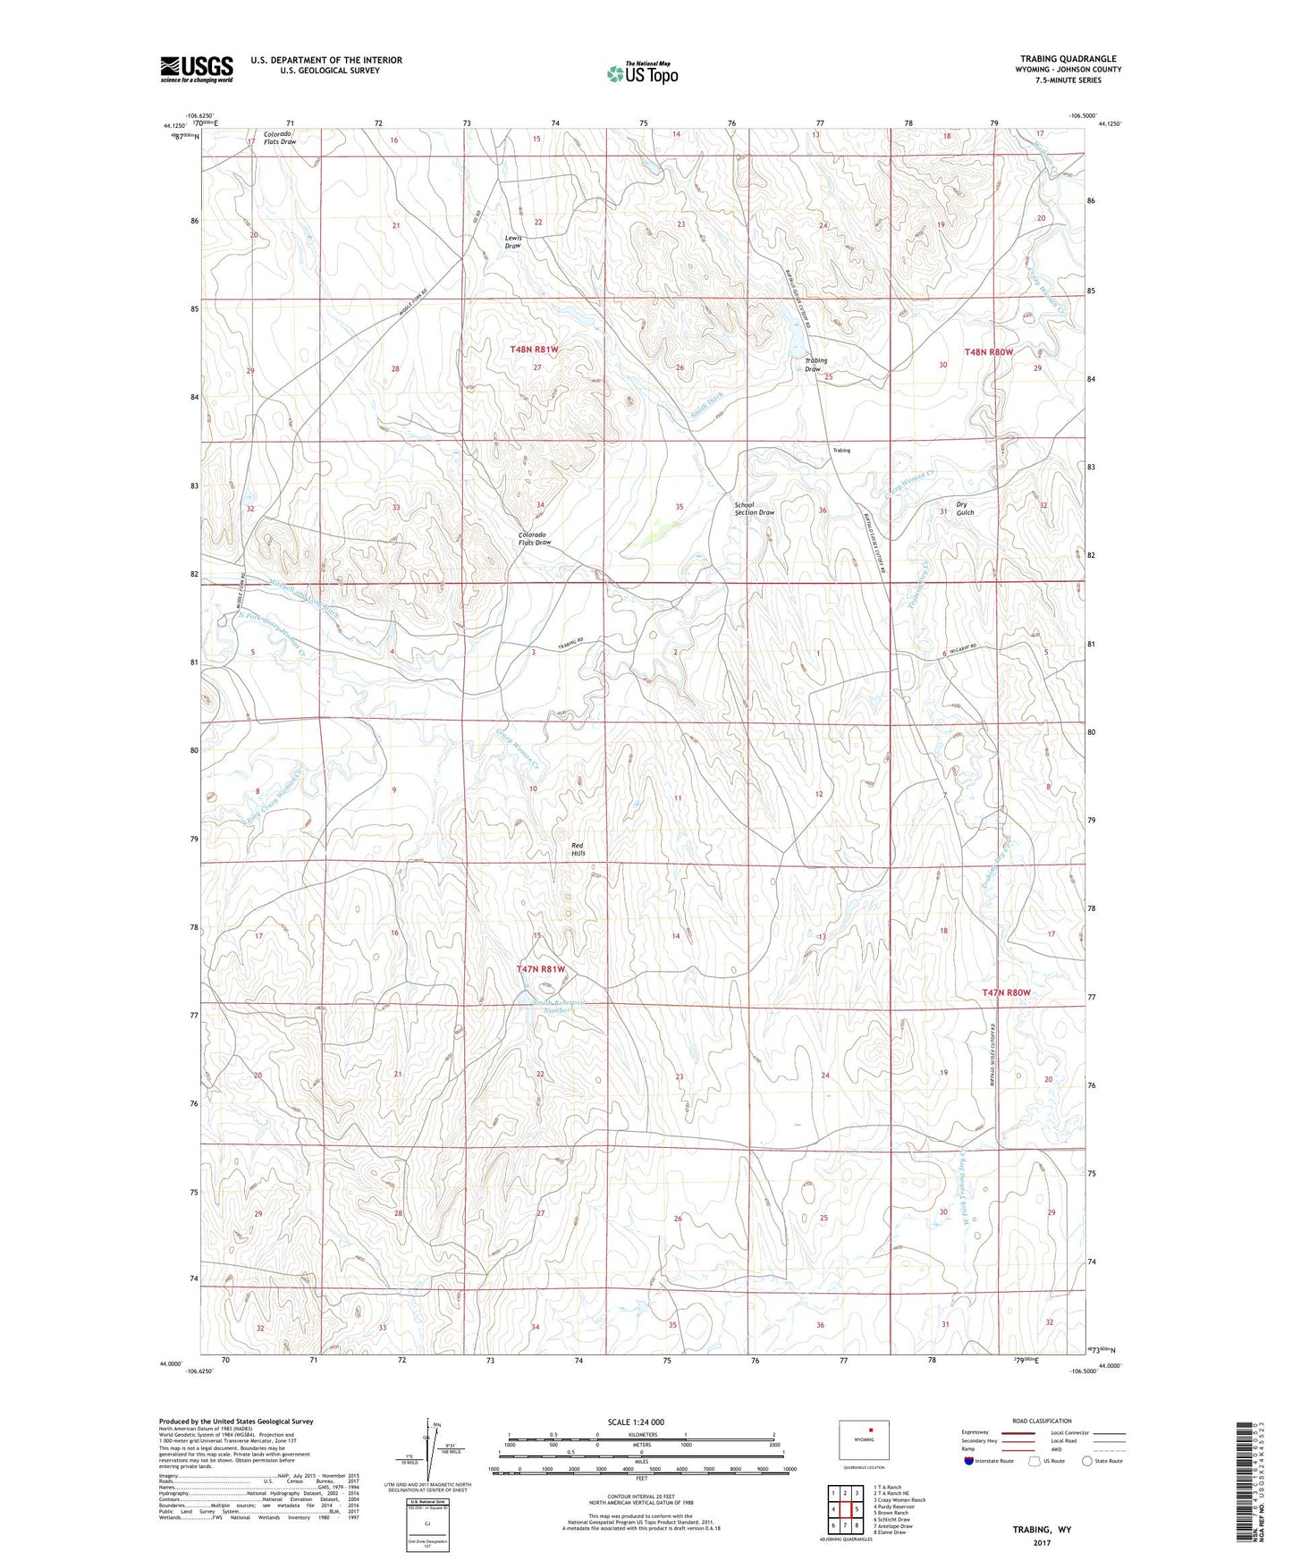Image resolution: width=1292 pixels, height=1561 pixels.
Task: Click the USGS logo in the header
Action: click(x=196, y=69)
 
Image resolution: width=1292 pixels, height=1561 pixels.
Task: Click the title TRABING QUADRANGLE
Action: click(x=1068, y=59)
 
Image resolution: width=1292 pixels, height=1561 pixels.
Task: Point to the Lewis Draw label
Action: click(x=513, y=241)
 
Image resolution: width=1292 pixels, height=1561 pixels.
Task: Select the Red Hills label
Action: click(x=578, y=848)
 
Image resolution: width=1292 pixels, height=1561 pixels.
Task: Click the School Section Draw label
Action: click(x=754, y=509)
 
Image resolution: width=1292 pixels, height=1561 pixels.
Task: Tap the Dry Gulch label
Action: click(x=964, y=508)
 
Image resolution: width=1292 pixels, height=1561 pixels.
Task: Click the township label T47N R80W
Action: click(x=1006, y=992)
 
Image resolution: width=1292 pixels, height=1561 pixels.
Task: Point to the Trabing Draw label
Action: click(x=815, y=365)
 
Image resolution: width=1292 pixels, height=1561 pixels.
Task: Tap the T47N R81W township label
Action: click(x=541, y=969)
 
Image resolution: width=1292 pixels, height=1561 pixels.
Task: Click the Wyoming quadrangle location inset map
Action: click(x=865, y=1446)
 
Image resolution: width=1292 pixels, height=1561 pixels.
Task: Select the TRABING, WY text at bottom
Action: click(x=1042, y=1530)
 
